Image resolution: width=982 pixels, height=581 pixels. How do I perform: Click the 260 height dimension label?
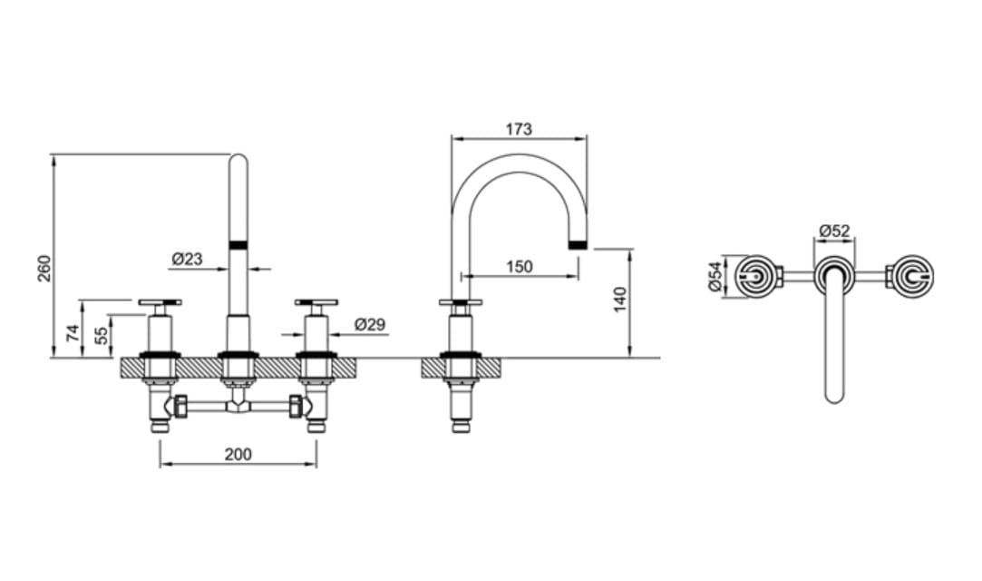pyautogui.click(x=44, y=268)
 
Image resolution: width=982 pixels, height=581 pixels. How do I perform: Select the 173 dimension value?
pyautogui.click(x=520, y=129)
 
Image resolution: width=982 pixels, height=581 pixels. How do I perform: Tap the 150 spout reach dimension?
pyautogui.click(x=520, y=266)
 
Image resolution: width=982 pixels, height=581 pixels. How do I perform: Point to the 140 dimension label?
pyautogui.click(x=620, y=300)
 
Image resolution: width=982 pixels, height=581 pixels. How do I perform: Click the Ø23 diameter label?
pyautogui.click(x=188, y=258)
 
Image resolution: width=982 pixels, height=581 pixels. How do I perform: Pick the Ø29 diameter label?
pyautogui.click(x=370, y=324)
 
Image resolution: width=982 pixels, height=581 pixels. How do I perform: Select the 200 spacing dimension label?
pyautogui.click(x=238, y=455)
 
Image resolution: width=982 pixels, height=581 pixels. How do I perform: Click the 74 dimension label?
pyautogui.click(x=74, y=333)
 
